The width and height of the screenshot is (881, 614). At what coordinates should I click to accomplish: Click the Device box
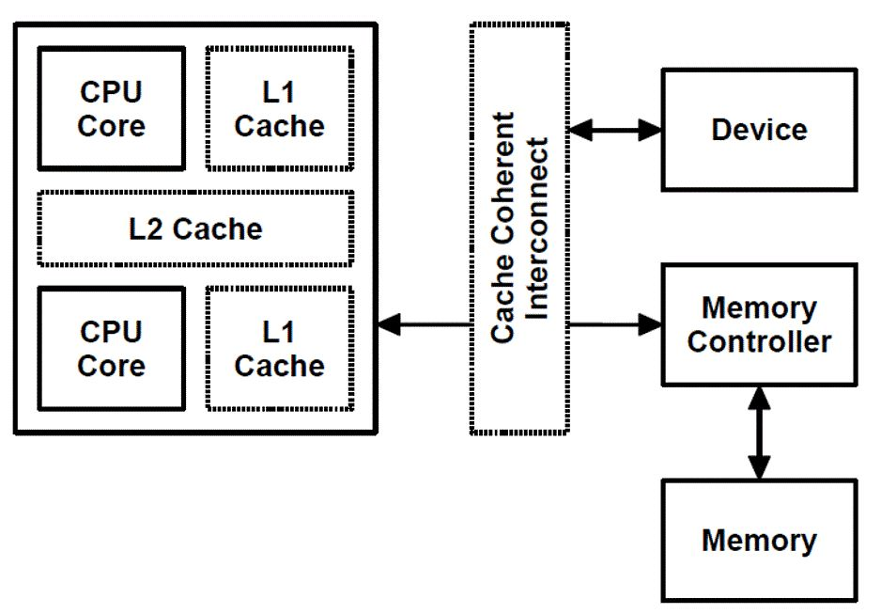click(759, 130)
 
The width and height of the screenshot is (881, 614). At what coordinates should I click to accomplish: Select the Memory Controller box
click(759, 324)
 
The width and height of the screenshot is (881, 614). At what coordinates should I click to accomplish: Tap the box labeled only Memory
click(759, 541)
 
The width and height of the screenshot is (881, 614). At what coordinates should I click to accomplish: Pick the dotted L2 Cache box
click(195, 228)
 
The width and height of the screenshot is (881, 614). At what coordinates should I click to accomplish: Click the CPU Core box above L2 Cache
click(111, 109)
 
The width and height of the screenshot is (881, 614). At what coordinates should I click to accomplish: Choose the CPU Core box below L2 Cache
click(111, 349)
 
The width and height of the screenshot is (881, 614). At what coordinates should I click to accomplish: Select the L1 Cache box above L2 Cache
click(279, 109)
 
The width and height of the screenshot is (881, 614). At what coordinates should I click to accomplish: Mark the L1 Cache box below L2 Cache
click(279, 349)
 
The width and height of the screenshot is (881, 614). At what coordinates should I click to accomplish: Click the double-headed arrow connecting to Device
click(615, 130)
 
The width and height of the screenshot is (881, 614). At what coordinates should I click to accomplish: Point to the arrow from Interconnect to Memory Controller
click(615, 325)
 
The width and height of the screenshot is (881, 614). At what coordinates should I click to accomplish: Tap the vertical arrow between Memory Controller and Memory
click(759, 433)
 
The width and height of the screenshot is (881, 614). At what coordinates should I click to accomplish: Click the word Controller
click(759, 341)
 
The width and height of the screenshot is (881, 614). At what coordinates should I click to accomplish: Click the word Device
click(759, 130)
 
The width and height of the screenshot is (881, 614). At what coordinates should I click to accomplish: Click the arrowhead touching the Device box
click(651, 130)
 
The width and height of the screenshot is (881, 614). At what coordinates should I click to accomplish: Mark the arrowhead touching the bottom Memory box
click(759, 467)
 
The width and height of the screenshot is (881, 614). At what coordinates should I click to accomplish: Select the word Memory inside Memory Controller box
click(759, 307)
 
